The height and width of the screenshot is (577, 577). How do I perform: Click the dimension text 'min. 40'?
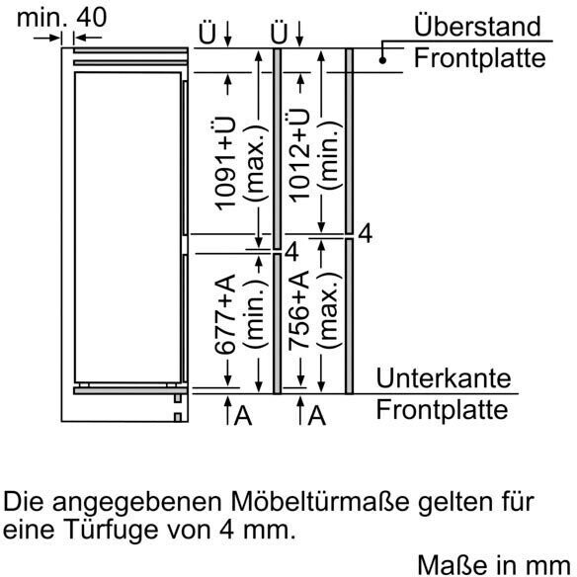(62, 17)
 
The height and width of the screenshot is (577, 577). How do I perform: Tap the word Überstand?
(477, 26)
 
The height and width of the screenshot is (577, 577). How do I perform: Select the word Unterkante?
(444, 377)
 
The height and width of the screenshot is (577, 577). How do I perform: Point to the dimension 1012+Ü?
(298, 156)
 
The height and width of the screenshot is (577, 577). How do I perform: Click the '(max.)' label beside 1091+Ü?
(255, 163)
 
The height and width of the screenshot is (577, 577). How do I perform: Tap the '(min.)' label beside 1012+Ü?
(329, 156)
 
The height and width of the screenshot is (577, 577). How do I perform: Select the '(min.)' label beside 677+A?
(255, 313)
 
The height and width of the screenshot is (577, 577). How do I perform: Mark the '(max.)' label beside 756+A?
(329, 310)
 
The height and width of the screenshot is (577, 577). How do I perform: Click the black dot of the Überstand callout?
(382, 60)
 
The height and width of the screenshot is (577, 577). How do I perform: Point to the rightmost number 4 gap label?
(365, 233)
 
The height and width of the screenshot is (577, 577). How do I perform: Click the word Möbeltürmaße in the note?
(320, 501)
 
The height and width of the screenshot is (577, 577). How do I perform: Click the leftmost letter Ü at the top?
(207, 34)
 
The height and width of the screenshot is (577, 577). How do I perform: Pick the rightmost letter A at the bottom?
(316, 416)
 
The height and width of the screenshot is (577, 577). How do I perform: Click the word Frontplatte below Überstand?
(479, 58)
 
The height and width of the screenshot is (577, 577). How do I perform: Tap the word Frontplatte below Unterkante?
(442, 409)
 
